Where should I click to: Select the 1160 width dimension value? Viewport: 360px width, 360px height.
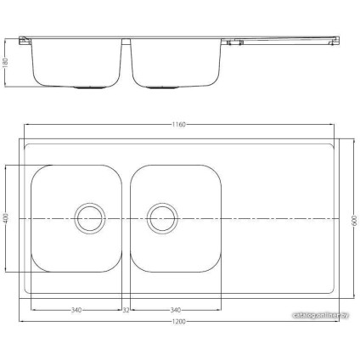tap(178, 126)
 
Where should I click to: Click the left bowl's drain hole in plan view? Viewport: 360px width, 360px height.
tap(88, 217)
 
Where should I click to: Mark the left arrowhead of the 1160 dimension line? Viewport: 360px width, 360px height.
tap(25, 126)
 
